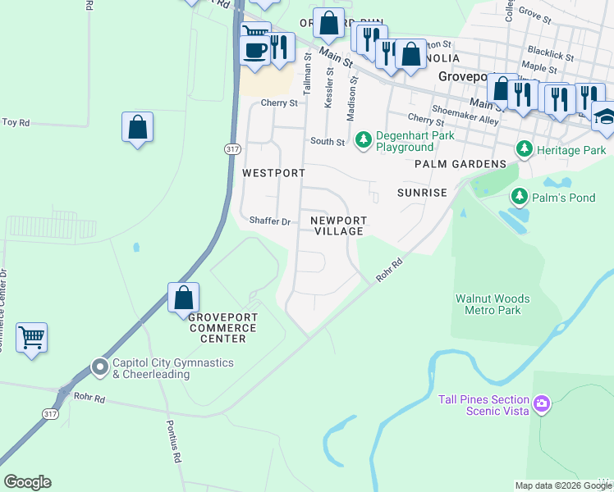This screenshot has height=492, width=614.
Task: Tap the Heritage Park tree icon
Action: click(523, 150)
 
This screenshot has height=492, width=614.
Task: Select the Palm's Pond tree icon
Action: click(519, 197)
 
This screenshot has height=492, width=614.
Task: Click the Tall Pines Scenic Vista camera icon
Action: click(541, 403)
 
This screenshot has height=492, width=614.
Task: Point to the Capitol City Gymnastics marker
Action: click(100, 367)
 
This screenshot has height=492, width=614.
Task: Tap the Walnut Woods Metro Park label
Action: click(493, 305)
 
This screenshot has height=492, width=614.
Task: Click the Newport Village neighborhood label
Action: click(338, 225)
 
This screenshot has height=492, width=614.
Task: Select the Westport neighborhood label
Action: click(273, 174)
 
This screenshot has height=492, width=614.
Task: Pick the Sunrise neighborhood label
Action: click(422, 193)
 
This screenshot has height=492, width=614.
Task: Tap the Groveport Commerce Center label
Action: click(223, 327)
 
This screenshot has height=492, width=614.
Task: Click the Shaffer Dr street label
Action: click(270, 221)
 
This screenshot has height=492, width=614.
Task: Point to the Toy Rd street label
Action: click(16, 122)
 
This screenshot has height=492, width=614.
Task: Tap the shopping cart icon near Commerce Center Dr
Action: click(32, 336)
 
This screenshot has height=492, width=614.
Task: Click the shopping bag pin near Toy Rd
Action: click(137, 127)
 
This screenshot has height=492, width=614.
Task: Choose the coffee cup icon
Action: click(253, 50)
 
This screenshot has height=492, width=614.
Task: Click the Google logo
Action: click(27, 482)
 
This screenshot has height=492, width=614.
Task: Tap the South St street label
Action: click(328, 142)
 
